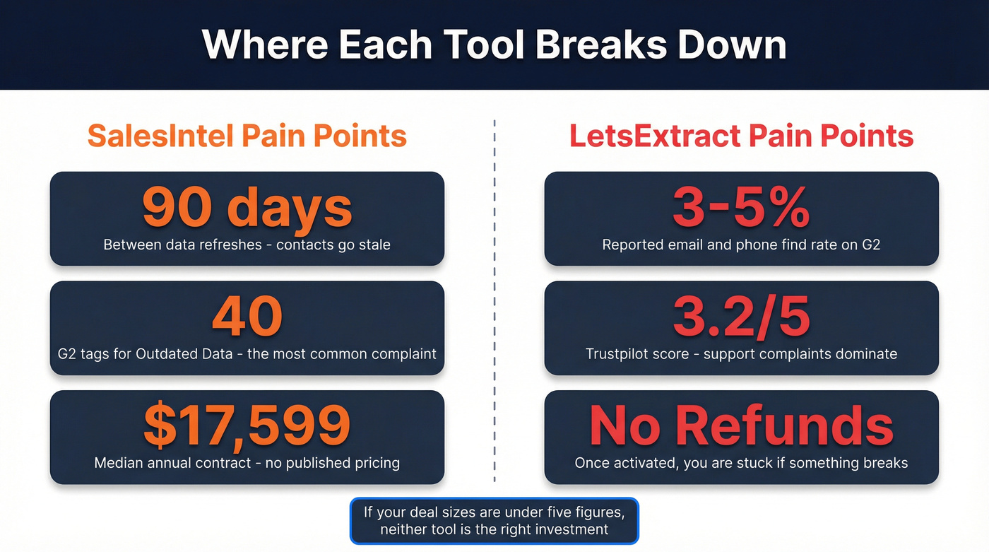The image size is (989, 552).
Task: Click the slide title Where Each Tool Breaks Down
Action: [494, 44]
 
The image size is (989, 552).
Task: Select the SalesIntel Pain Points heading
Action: [247, 136]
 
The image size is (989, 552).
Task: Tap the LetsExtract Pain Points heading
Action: [741, 136]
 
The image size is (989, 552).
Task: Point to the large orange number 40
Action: [247, 316]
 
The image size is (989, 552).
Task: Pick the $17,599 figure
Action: [247, 425]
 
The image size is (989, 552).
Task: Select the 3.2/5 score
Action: [741, 316]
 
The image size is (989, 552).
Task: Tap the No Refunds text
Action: [741, 425]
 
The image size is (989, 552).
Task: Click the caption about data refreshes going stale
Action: [247, 245]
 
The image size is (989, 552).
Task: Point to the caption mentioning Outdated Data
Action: [247, 353]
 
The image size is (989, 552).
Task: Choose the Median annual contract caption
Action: [247, 463]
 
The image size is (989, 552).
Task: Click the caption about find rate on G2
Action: [741, 245]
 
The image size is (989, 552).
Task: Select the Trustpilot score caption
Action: [741, 353]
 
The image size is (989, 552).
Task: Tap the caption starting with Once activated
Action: [741, 463]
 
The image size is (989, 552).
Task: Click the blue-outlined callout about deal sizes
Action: [494, 521]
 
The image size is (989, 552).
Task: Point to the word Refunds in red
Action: [784, 425]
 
